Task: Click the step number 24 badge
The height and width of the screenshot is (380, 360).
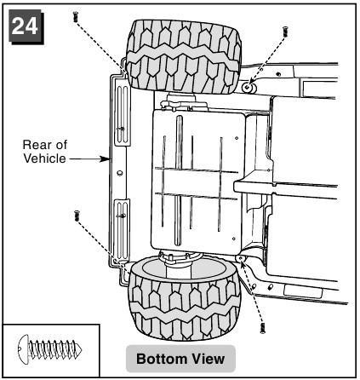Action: tap(26, 26)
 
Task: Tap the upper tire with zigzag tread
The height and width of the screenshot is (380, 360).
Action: tap(184, 57)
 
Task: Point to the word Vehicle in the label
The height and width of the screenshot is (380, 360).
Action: tap(44, 158)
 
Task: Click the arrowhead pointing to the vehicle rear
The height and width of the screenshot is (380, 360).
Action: tap(106, 158)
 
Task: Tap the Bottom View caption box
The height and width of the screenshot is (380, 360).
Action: tap(180, 359)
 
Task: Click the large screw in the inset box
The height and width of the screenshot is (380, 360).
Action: tap(49, 348)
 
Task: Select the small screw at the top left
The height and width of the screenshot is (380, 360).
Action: tap(76, 16)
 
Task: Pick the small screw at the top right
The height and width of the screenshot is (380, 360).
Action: tap(285, 32)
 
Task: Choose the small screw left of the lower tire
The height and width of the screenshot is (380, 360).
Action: tap(77, 216)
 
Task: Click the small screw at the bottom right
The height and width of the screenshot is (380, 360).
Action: tap(263, 328)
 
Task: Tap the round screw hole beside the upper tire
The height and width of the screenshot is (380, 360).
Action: tap(249, 88)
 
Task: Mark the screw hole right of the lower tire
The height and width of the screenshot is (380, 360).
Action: tap(241, 258)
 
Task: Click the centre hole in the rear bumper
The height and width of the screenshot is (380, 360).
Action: tap(120, 173)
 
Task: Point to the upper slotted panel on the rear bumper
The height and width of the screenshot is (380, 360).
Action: tap(123, 112)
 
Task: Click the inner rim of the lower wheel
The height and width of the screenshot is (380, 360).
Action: tap(185, 268)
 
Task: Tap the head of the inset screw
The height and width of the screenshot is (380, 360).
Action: tap(23, 348)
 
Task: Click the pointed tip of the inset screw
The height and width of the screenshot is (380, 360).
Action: tap(81, 348)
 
